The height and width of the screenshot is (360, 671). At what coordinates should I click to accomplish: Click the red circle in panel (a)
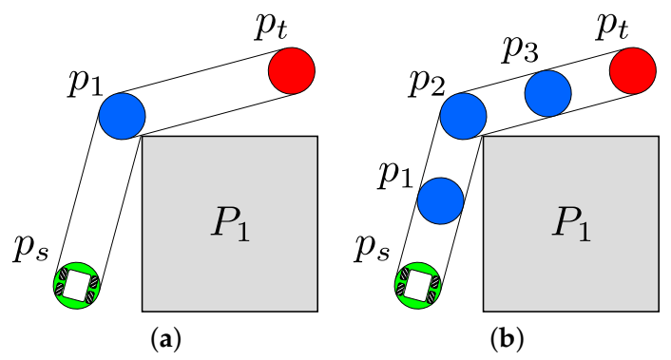click(293, 71)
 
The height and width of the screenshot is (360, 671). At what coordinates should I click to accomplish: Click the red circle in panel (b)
click(633, 71)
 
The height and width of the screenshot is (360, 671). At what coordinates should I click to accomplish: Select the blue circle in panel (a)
click(122, 115)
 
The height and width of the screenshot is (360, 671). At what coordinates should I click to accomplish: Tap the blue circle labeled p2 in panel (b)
click(464, 116)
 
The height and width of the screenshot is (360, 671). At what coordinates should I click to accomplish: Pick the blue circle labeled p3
click(547, 93)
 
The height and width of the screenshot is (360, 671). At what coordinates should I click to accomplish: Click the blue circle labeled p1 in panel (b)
click(440, 199)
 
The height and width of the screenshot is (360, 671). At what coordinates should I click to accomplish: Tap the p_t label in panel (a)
click(272, 27)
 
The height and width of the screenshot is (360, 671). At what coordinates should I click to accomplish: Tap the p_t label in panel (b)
click(612, 27)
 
